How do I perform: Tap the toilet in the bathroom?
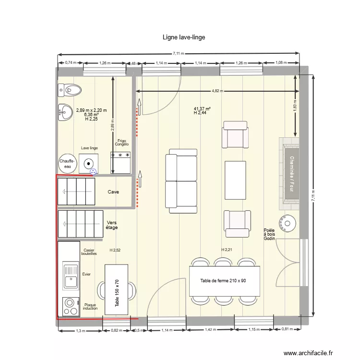70,89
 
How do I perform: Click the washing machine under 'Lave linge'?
89,163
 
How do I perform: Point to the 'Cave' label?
113,192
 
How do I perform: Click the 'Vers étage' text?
112,225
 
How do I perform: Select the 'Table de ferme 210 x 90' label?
223,281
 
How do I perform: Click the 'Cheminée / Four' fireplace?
291,173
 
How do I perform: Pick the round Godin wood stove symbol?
288,223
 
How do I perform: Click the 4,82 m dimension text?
217,91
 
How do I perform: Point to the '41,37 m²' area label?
202,109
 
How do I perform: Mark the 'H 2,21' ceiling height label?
227,250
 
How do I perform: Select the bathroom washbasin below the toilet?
65,112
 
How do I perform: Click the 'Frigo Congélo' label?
121,143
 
